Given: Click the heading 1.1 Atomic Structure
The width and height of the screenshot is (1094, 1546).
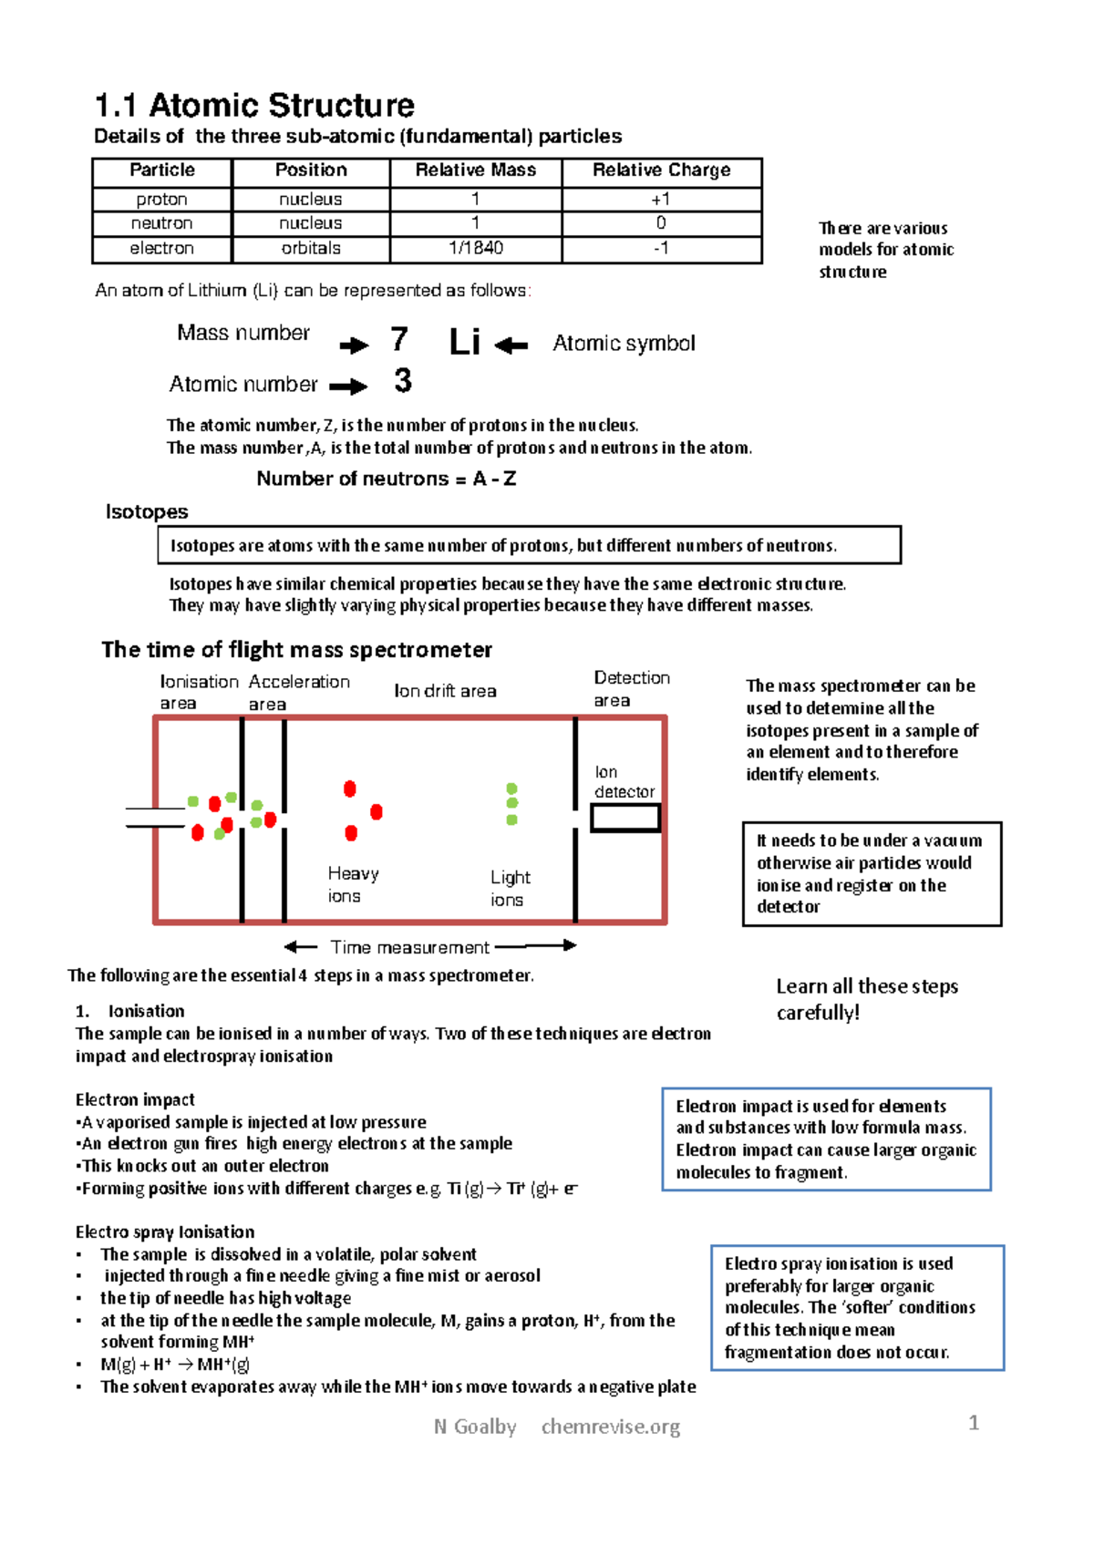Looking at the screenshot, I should [x=254, y=106].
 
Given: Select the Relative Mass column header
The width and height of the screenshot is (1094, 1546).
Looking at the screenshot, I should [x=475, y=170].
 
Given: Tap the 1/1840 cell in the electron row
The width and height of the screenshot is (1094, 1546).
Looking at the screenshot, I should [x=475, y=248].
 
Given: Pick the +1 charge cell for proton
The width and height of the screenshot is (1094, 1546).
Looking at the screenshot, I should [x=661, y=200].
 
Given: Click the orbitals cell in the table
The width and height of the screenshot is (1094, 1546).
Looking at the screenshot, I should [x=311, y=248].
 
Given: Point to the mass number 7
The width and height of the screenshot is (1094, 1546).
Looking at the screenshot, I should [x=398, y=340].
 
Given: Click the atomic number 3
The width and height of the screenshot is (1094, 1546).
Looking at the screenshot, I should [x=402, y=381].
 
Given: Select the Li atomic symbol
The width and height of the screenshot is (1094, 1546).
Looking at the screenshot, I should [x=464, y=343].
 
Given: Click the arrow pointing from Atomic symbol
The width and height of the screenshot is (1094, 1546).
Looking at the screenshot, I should [x=511, y=345].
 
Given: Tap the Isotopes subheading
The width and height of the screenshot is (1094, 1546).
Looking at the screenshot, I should [x=147, y=512].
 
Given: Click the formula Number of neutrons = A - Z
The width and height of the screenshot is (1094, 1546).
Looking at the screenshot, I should [x=387, y=479].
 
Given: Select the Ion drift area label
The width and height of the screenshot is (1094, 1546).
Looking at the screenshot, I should [x=445, y=691].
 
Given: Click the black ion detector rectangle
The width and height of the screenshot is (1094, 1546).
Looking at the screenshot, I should [x=625, y=818].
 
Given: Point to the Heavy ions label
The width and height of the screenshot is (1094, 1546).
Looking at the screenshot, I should [x=352, y=884].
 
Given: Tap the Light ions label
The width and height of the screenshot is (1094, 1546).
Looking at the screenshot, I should [x=509, y=888].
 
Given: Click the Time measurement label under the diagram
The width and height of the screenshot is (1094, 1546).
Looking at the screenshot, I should [x=409, y=947].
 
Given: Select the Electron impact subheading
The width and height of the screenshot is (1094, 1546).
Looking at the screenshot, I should [x=135, y=1100].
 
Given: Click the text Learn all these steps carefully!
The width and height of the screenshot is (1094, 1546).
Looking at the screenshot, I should [x=866, y=999].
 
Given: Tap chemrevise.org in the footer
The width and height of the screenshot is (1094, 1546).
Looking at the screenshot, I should [x=610, y=1427].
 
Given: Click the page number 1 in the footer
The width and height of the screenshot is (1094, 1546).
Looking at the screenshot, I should [x=974, y=1423].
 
